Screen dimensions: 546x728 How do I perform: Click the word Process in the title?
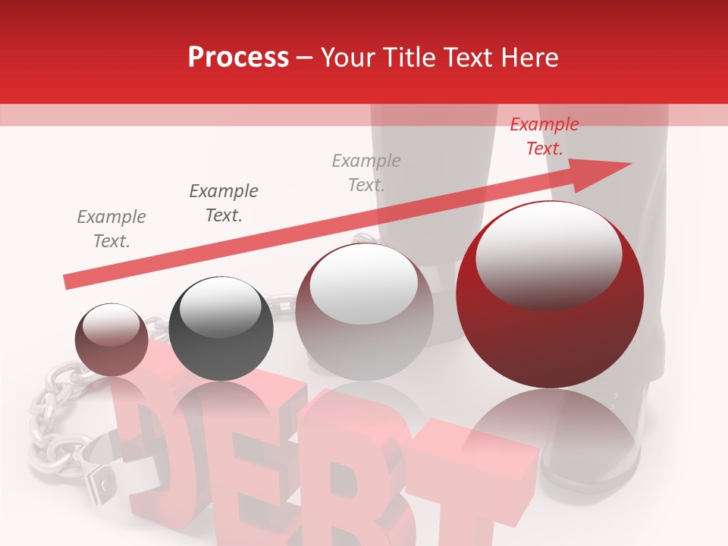click(x=238, y=58)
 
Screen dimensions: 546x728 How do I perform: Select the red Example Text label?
click(x=544, y=136)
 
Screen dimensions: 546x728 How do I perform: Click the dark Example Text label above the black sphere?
click(x=224, y=202)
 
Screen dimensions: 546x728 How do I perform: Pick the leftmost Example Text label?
click(x=111, y=228)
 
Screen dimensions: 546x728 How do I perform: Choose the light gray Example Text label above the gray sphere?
click(x=366, y=172)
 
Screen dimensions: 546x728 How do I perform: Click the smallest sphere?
click(x=111, y=340)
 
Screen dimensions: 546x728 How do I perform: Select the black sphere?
click(x=221, y=329)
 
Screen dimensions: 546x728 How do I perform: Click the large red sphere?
click(x=550, y=295)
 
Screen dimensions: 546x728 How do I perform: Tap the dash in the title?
click(x=304, y=58)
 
